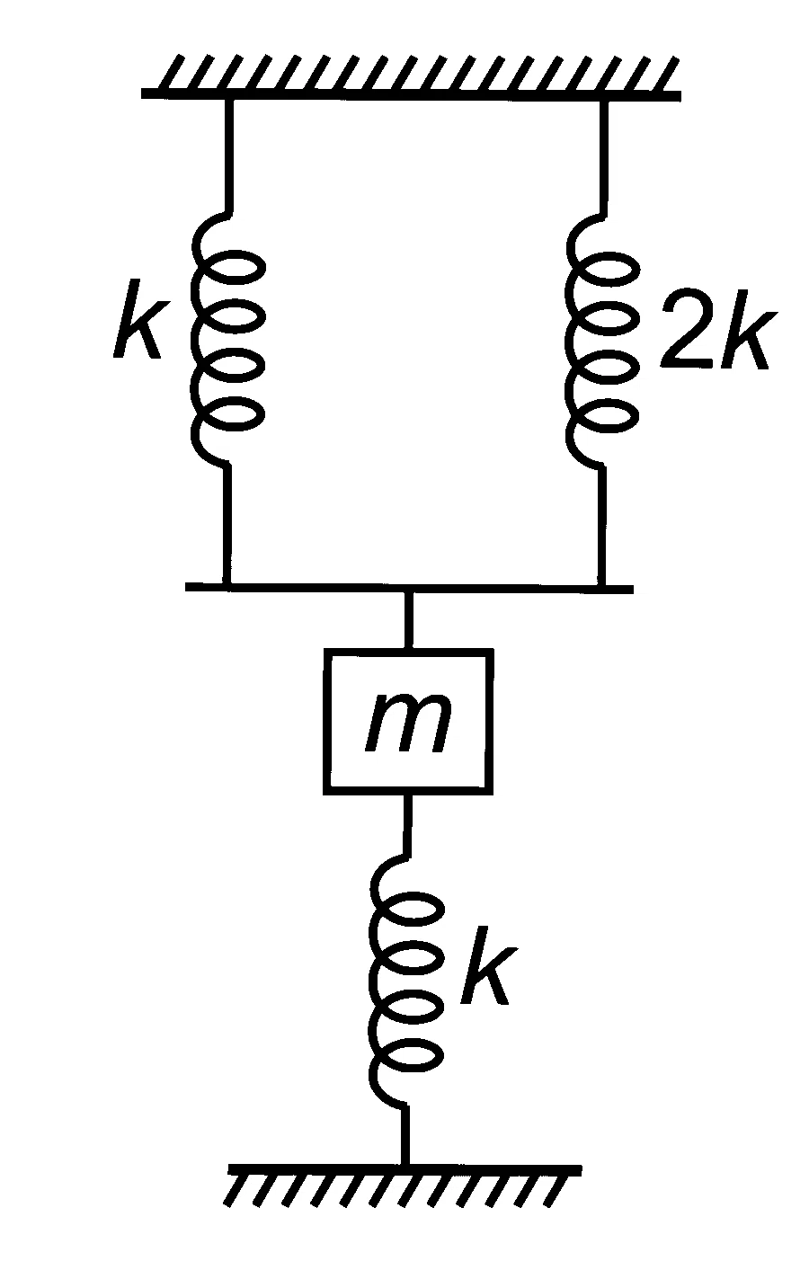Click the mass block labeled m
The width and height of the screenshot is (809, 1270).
click(407, 721)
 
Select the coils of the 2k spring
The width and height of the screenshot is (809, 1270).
click(602, 340)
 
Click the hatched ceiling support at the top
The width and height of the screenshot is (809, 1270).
click(411, 77)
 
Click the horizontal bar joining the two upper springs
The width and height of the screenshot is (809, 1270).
click(409, 588)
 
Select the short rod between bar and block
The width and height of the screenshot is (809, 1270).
click(408, 620)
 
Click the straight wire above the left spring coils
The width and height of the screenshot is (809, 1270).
click(229, 156)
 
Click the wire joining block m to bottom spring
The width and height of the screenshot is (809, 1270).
click(406, 825)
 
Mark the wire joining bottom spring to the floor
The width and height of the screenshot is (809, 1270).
click(404, 1134)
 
